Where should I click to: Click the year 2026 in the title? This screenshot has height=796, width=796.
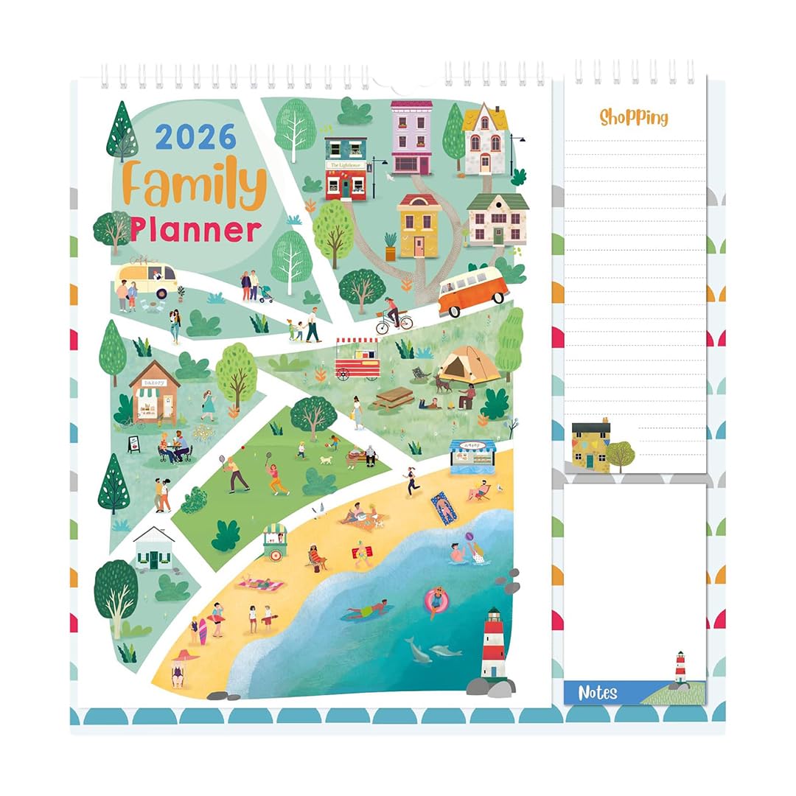point(195,137)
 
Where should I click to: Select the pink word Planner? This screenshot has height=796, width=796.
point(195,229)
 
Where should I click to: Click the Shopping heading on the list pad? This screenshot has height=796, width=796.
point(633,117)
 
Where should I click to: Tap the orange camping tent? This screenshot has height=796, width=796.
point(469,364)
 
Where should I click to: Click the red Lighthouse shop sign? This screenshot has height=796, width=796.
point(346,166)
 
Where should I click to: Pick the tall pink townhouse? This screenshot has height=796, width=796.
point(411,137)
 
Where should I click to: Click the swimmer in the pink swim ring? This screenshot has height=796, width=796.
point(436,601)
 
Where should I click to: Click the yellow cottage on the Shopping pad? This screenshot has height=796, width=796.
point(591,446)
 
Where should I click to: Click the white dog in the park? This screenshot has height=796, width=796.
point(326,460)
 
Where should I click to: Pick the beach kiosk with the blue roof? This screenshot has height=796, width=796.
point(472,457)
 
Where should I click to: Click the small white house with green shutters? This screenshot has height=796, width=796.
point(155,548)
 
